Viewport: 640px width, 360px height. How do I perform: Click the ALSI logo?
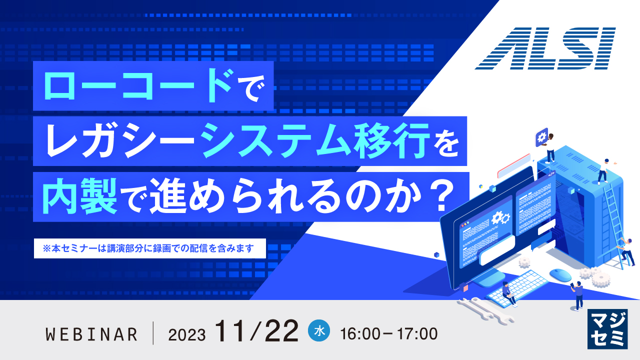pos(544,48)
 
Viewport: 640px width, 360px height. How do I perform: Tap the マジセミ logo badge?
pos(606,328)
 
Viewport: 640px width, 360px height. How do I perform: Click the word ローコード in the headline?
pos(137,86)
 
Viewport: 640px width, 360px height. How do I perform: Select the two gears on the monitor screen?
pos(500,218)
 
